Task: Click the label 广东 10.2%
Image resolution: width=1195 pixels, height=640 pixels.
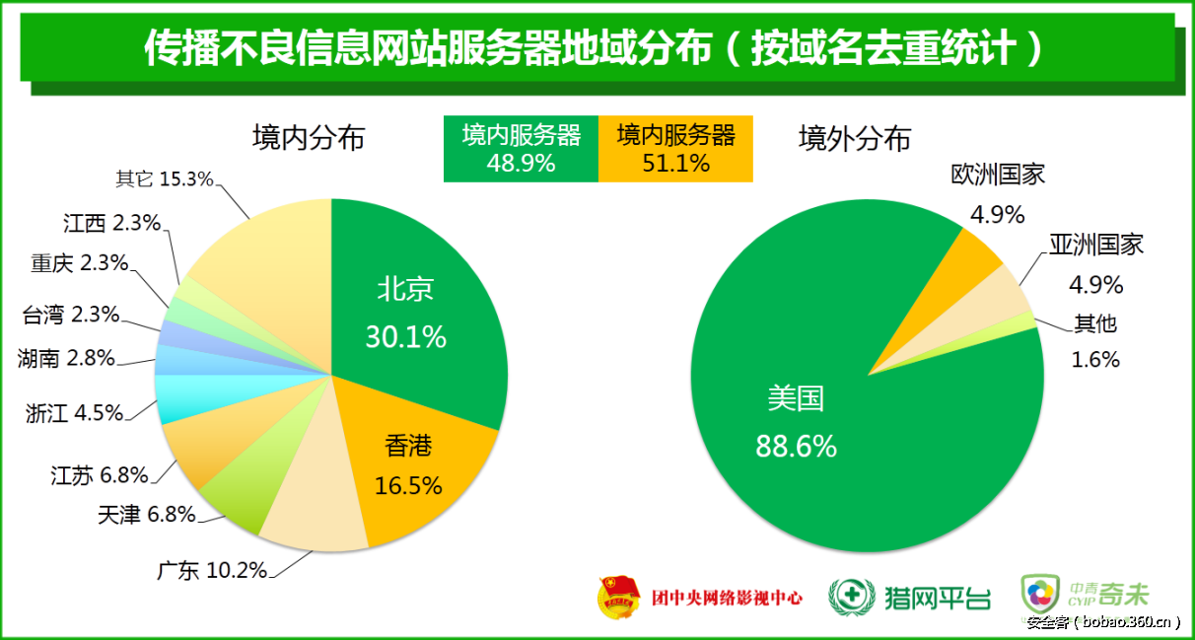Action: pos(212,571)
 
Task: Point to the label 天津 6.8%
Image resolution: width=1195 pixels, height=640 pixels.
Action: pos(146,514)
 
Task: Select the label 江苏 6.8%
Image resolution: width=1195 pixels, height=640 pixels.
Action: pos(99,475)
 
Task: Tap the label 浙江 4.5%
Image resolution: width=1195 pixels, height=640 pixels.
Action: pos(74,413)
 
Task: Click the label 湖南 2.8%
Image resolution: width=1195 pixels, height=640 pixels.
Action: pos(66,358)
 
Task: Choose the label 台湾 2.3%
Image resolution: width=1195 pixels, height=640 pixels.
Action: pos(70,316)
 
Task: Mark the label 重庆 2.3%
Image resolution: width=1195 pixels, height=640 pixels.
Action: pos(80,263)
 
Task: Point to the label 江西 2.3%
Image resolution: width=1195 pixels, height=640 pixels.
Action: pos(110,224)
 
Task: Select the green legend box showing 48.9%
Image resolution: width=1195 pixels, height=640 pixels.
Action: pos(521,149)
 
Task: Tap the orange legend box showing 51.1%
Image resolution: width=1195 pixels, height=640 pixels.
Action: pos(675,149)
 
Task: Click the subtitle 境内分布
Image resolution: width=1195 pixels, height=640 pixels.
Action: pos(309,138)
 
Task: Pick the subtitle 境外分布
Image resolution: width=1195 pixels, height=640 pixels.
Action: pos(855,138)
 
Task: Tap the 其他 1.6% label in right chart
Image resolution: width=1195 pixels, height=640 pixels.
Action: pos(1095,341)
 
